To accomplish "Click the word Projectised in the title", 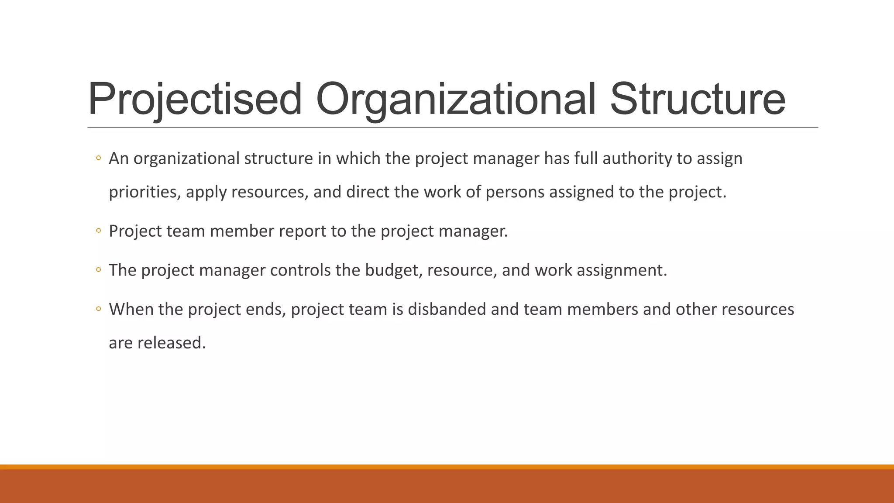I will pos(195,100).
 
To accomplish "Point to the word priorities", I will pos(144,192).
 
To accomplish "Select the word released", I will pos(172,343).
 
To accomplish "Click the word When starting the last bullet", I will pos(131,309).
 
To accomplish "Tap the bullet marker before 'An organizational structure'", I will pos(99,158).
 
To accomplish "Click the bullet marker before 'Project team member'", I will pos(99,231).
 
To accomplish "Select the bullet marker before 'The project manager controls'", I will pos(99,270).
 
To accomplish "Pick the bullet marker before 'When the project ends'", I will pos(99,309).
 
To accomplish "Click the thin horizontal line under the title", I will pos(453,127).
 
